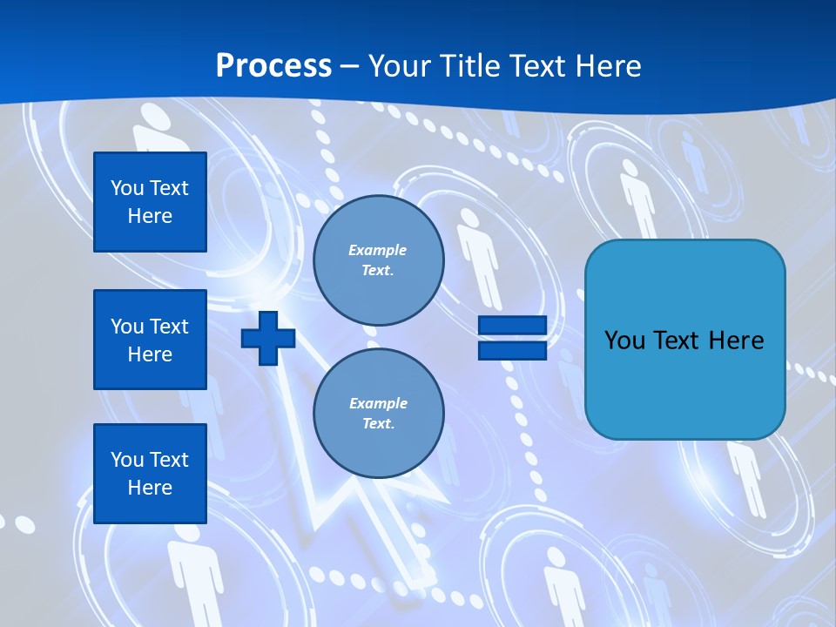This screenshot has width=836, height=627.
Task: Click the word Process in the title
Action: (x=273, y=66)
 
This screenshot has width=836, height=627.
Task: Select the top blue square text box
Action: (x=150, y=202)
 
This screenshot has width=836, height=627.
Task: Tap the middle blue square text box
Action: (x=150, y=340)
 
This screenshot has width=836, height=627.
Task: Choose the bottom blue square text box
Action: (x=150, y=474)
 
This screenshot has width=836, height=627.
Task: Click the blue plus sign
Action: (x=268, y=338)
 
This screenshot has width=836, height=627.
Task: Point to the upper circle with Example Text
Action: (x=378, y=260)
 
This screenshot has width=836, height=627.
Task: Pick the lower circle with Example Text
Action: (x=378, y=414)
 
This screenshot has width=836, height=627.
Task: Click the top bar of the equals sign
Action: (x=512, y=326)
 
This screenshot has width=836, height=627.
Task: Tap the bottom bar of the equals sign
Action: (x=512, y=350)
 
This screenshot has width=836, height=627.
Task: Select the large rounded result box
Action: (x=684, y=383)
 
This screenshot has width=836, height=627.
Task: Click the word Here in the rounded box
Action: (x=736, y=340)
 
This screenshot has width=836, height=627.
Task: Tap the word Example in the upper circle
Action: (x=377, y=251)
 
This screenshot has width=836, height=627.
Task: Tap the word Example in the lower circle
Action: (x=378, y=404)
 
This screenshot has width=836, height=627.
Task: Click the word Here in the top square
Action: (x=150, y=216)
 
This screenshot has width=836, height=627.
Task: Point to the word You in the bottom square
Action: (x=127, y=460)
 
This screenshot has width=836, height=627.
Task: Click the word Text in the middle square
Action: (x=169, y=327)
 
